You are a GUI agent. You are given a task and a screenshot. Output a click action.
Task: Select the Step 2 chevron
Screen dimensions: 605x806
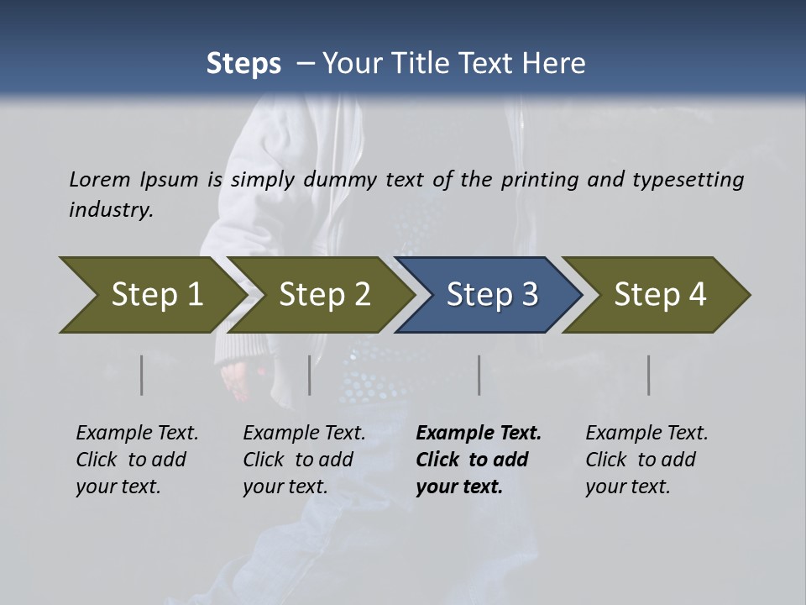(x=324, y=295)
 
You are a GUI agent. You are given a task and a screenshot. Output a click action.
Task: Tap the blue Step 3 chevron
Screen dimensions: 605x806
(x=491, y=295)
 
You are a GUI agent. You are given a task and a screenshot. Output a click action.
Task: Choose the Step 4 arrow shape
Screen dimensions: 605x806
(x=660, y=295)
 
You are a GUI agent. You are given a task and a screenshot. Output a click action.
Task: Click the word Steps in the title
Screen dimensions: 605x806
(x=243, y=64)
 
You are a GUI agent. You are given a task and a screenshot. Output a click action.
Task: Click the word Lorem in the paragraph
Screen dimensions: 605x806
(x=99, y=179)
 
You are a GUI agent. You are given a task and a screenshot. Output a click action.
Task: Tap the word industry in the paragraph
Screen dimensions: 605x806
(x=110, y=209)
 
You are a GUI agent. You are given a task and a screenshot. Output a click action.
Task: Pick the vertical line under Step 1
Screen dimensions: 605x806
(x=142, y=375)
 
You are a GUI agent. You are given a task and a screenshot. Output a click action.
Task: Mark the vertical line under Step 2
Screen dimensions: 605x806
(x=310, y=375)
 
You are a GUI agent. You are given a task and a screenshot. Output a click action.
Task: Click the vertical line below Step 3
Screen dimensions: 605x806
(x=479, y=375)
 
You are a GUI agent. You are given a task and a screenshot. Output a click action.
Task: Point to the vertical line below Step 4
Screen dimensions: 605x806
(x=649, y=375)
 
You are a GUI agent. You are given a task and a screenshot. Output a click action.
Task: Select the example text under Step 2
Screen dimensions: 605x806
(x=303, y=460)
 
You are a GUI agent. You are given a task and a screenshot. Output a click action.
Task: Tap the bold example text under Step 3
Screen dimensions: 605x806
(x=477, y=460)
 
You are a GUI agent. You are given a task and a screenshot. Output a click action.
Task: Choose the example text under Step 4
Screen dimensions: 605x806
(x=646, y=460)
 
